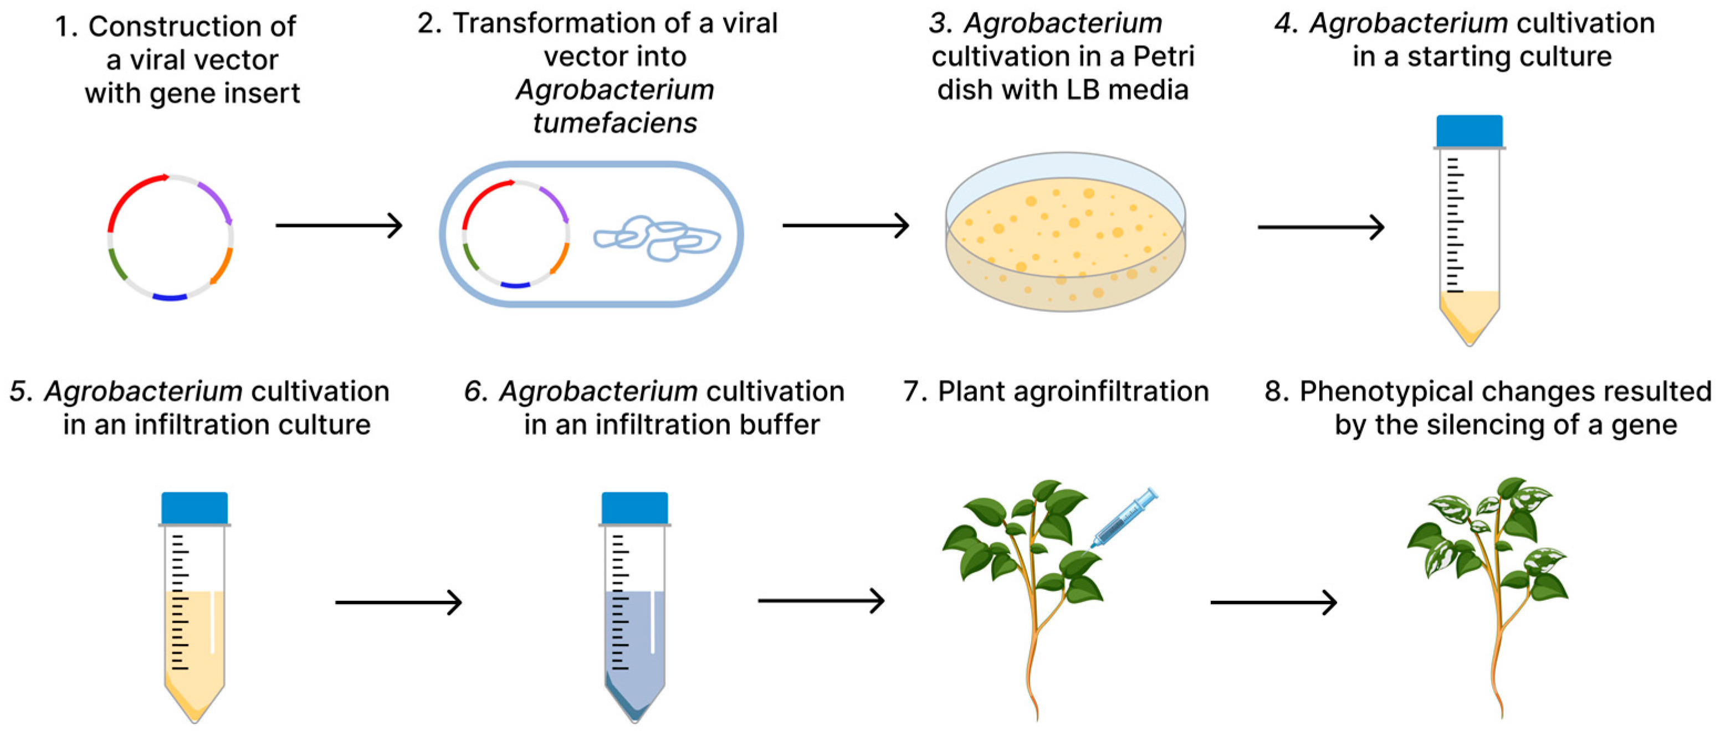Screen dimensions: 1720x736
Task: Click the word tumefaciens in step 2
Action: (x=615, y=123)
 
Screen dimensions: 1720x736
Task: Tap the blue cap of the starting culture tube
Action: (x=1470, y=131)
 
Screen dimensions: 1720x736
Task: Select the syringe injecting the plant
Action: (x=1124, y=518)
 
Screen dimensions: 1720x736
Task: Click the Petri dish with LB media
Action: (x=1066, y=231)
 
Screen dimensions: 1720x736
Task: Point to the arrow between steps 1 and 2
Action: (x=339, y=225)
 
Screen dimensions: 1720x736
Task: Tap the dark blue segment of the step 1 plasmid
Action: (x=170, y=297)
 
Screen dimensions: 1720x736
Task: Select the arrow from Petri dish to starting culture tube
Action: (x=1322, y=228)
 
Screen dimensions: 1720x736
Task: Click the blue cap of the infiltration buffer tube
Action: (x=634, y=508)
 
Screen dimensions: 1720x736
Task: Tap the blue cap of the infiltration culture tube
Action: (x=194, y=508)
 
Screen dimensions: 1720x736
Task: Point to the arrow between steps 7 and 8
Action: (x=1274, y=603)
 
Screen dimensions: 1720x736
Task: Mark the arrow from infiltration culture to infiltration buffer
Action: (x=398, y=603)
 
